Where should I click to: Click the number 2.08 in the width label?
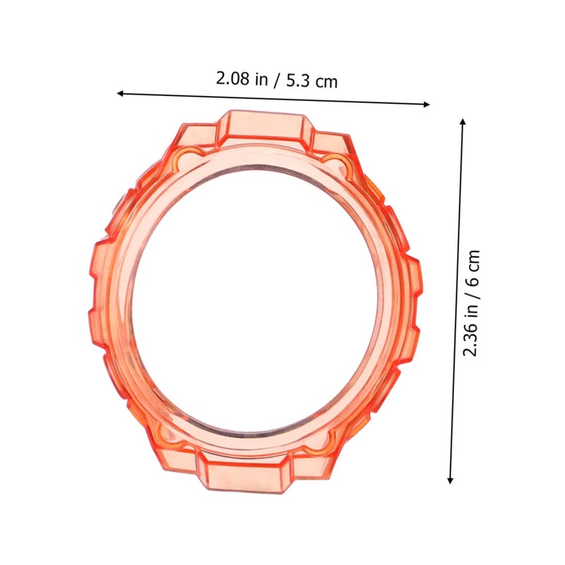(232, 78)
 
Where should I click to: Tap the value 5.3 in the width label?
(298, 81)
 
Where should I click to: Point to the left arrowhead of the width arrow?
(120, 93)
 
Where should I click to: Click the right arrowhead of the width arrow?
(427, 105)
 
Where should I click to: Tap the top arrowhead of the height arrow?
(463, 121)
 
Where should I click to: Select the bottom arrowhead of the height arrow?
(450, 480)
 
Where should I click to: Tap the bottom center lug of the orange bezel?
(244, 472)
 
